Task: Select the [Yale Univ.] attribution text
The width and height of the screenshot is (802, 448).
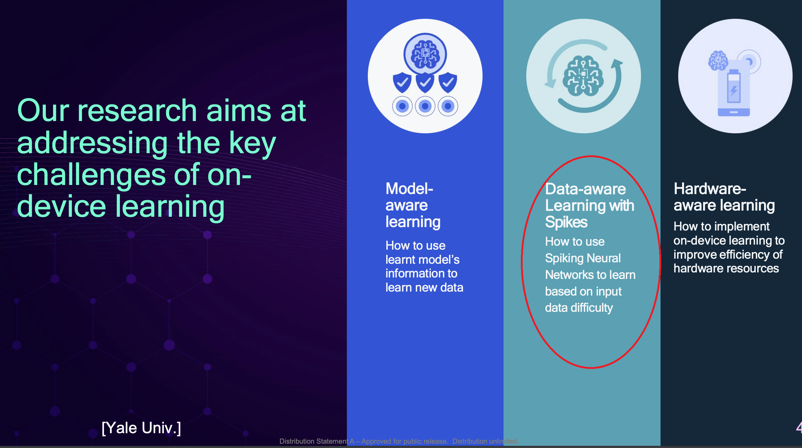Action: (x=141, y=428)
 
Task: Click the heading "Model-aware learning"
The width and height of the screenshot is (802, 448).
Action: (x=413, y=205)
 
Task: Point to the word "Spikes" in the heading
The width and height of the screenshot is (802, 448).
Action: (x=566, y=222)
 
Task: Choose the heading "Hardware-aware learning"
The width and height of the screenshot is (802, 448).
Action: (x=724, y=197)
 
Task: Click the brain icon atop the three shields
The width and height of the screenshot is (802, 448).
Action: (x=425, y=54)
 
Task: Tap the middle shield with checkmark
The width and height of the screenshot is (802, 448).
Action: (x=425, y=83)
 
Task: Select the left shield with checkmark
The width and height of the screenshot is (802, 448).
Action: (x=402, y=83)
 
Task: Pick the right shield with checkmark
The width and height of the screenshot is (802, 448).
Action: (x=448, y=83)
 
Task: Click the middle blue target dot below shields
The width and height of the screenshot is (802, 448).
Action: (x=425, y=106)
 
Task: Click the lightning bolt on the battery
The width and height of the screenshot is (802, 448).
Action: (x=734, y=91)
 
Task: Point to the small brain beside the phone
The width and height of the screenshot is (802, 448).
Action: (x=718, y=60)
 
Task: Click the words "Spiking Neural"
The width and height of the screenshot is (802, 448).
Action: (x=583, y=258)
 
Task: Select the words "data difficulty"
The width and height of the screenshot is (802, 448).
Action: (x=579, y=308)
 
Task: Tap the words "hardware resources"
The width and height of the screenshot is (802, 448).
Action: (x=726, y=268)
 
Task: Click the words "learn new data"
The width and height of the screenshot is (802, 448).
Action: (x=424, y=288)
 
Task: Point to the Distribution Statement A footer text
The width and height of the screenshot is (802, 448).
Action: (x=399, y=441)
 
